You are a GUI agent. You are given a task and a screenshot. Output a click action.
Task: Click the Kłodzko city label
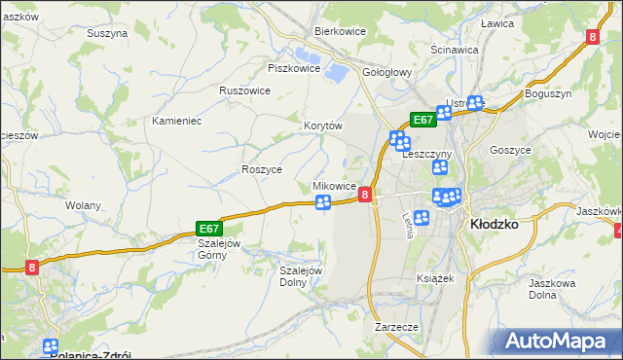pyautogui.click(x=493, y=222)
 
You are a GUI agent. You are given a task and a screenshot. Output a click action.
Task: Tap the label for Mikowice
pyautogui.click(x=333, y=185)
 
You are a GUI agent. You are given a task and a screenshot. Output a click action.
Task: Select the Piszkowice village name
pyautogui.click(x=294, y=68)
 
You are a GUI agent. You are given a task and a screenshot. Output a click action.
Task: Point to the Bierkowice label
pyautogui.click(x=339, y=31)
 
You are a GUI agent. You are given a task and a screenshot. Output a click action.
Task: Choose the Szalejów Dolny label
pyautogui.click(x=301, y=276)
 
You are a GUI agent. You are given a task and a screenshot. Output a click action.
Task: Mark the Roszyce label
pyautogui.click(x=261, y=168)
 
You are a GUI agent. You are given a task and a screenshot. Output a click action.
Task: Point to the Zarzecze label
pyautogui.click(x=396, y=327)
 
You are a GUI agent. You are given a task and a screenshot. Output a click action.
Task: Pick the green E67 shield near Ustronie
pyautogui.click(x=421, y=119)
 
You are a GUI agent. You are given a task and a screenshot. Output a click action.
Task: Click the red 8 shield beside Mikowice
pyautogui.click(x=365, y=195)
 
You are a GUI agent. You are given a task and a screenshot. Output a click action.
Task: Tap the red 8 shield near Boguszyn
pyautogui.click(x=593, y=36)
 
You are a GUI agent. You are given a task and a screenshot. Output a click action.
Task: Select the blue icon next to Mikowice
pyautogui.click(x=323, y=202)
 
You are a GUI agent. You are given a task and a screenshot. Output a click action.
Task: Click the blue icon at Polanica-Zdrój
pyautogui.click(x=51, y=345)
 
